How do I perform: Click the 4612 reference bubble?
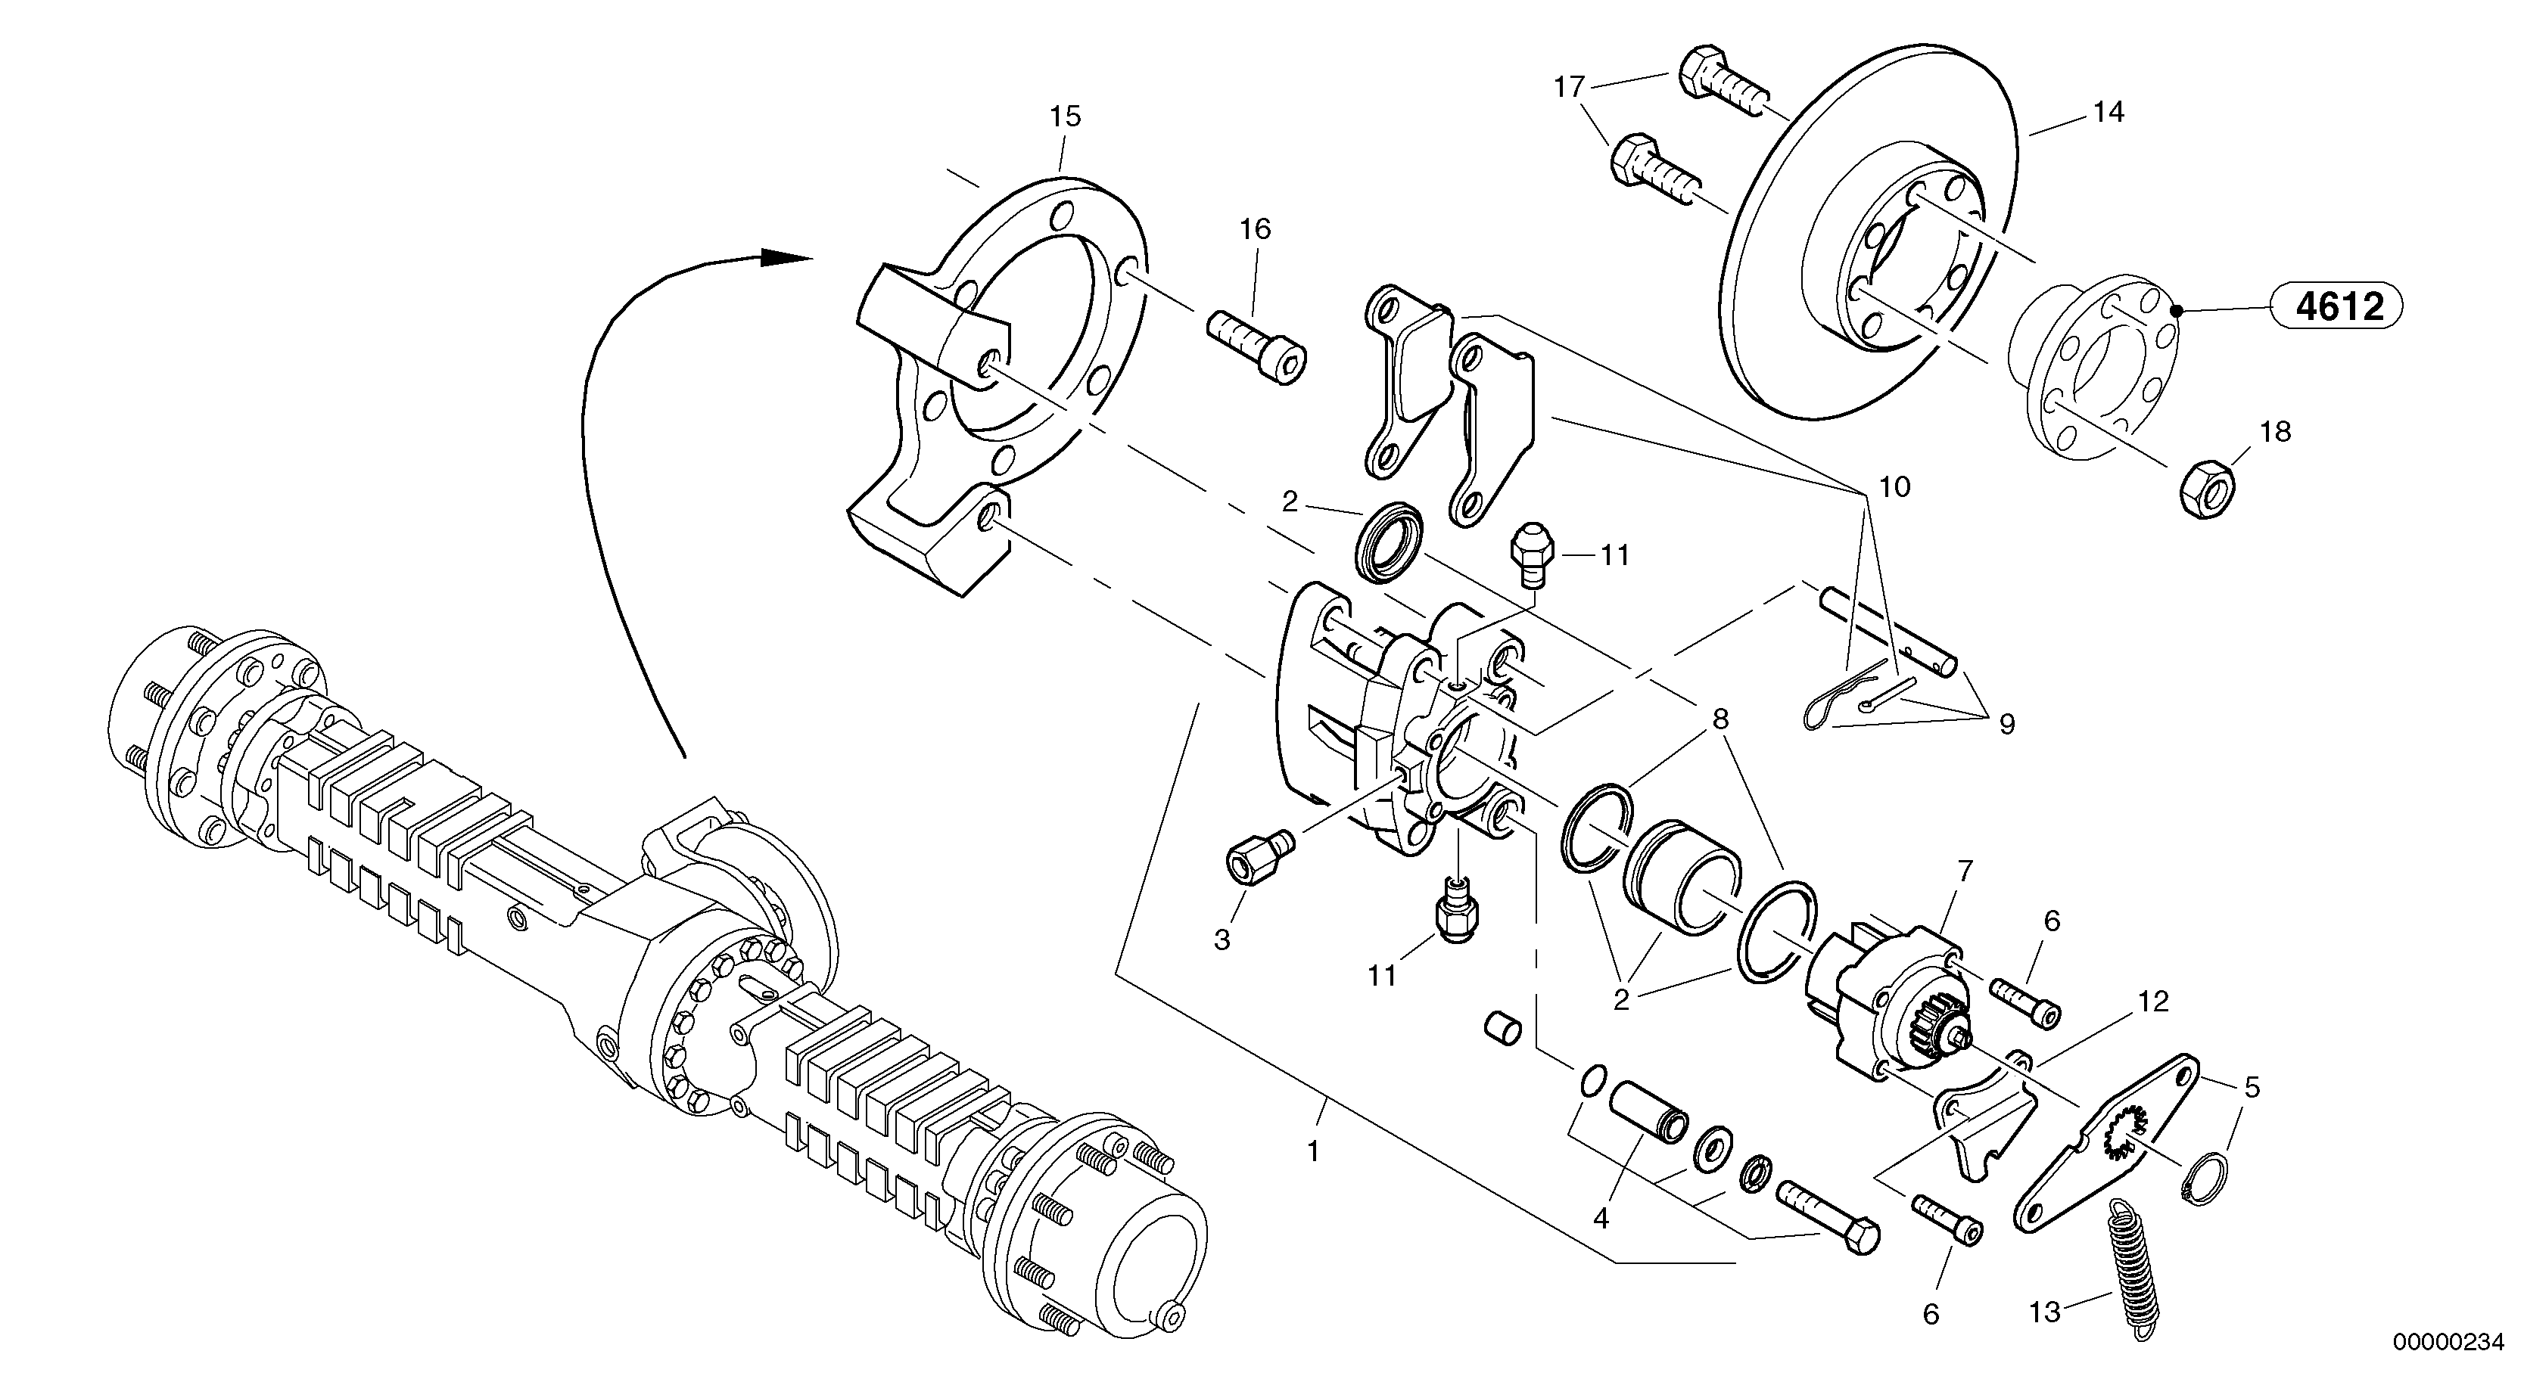click(2339, 308)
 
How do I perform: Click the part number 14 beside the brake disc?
click(2108, 113)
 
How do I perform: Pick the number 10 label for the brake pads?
click(1895, 486)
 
